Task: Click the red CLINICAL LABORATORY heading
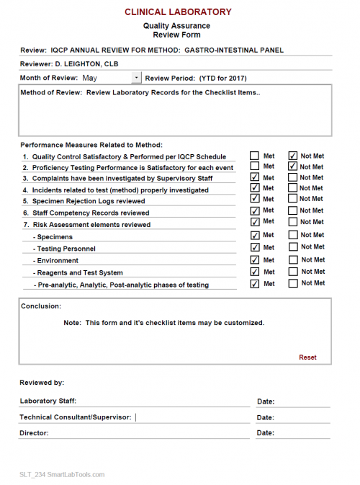tap(178, 12)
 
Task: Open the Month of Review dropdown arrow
tap(137, 77)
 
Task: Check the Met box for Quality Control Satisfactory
tap(255, 156)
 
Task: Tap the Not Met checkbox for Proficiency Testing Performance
tap(292, 166)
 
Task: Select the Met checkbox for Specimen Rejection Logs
tap(255, 199)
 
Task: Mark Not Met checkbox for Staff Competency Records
tap(292, 210)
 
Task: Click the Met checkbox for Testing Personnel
tap(255, 247)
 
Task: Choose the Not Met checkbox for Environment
tap(292, 259)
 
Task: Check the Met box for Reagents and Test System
tap(255, 272)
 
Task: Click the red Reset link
tap(307, 357)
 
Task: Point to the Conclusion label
tap(41, 306)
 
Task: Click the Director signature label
tap(34, 433)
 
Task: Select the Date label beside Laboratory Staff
tap(265, 401)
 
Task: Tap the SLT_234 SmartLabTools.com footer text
tap(62, 474)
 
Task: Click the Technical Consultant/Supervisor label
tap(76, 417)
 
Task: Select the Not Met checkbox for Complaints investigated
tap(292, 177)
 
